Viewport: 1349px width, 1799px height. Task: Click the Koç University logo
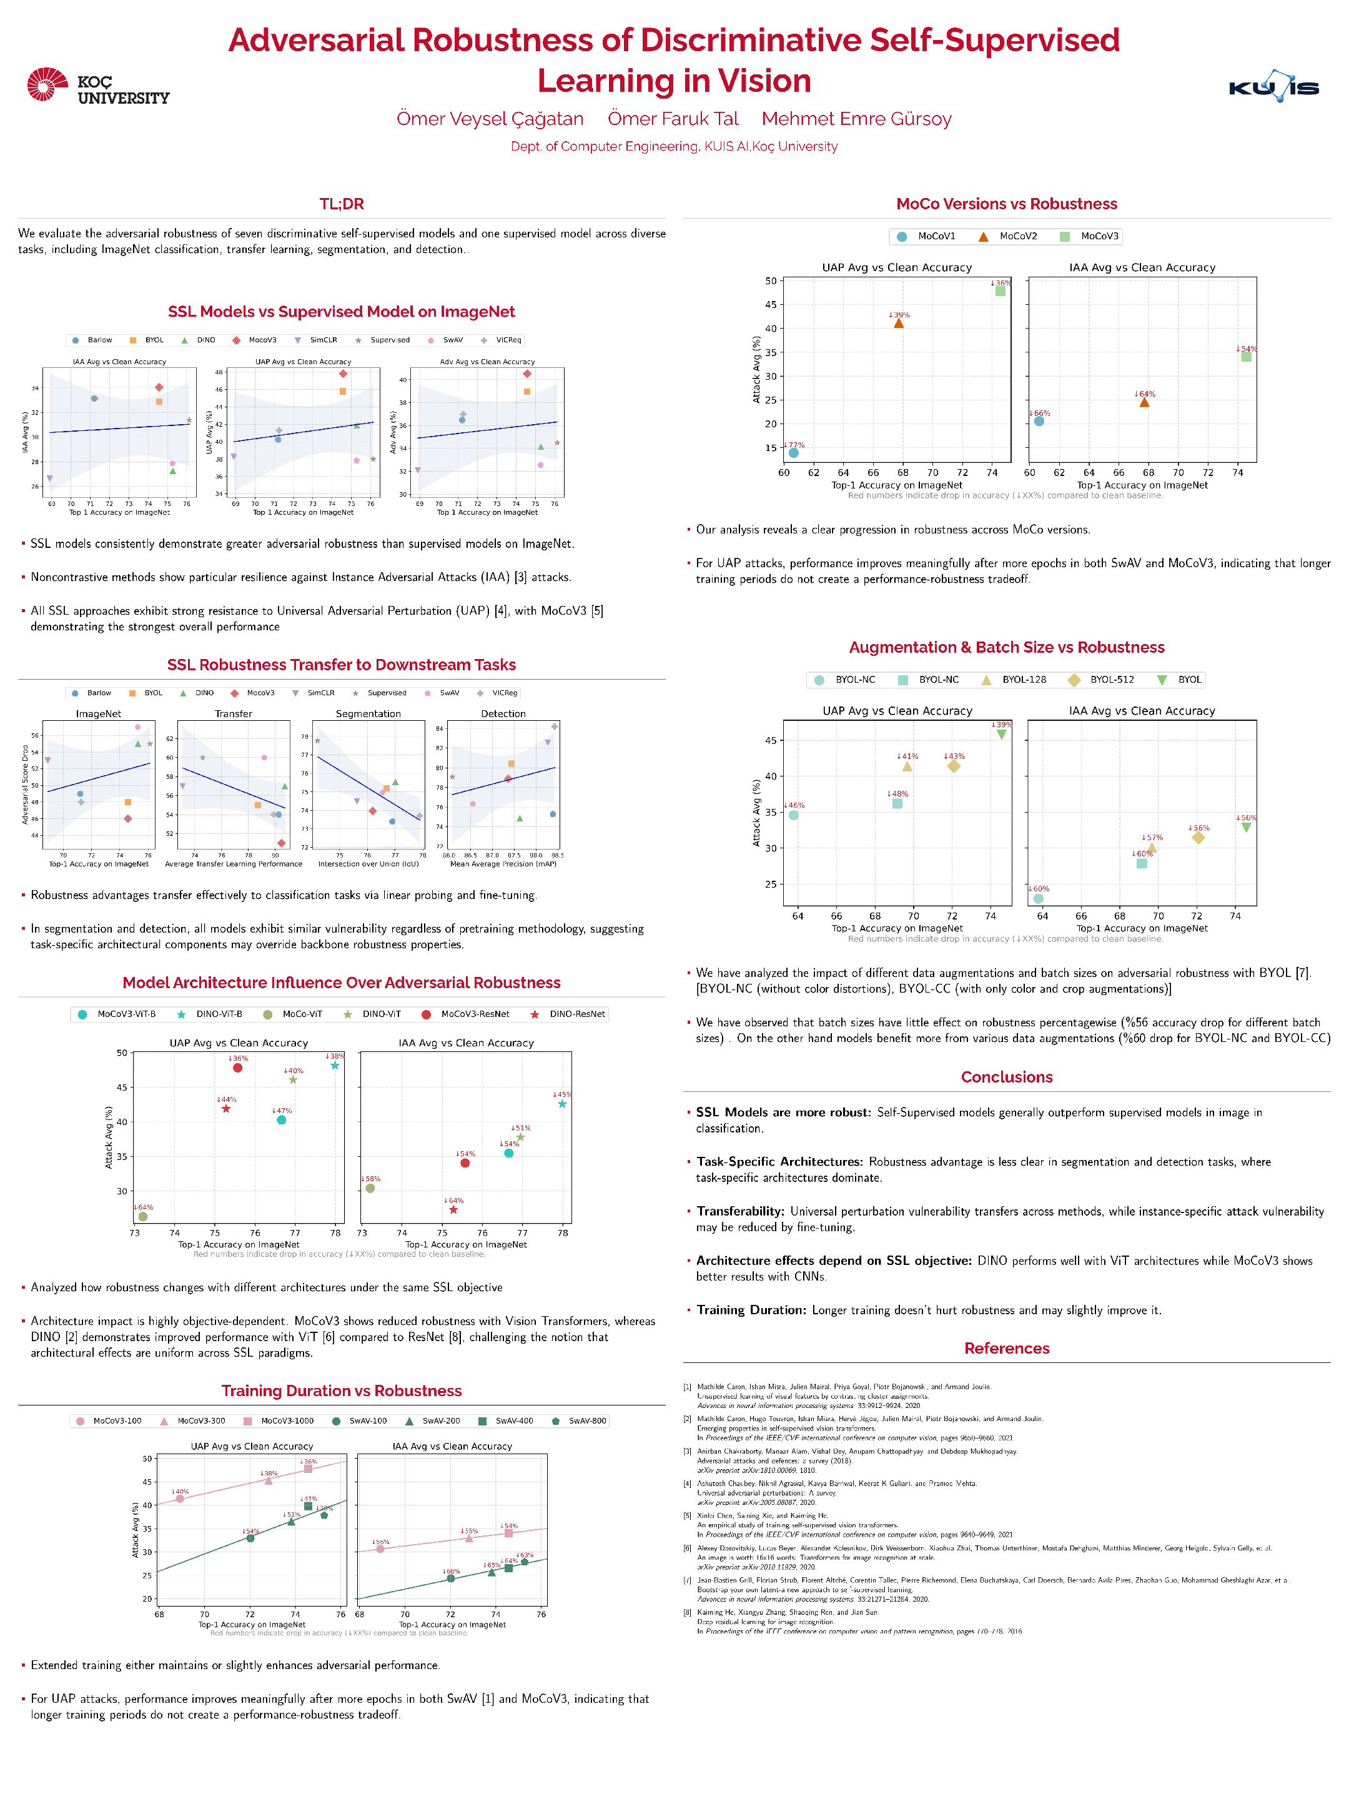point(97,86)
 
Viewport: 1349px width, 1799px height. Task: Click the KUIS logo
point(1273,86)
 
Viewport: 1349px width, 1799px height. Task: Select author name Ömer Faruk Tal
point(673,119)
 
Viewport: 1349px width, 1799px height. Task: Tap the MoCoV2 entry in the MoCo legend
point(1008,237)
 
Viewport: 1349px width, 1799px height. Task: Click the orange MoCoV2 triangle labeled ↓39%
point(899,324)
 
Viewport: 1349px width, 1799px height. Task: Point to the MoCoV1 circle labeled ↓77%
point(794,453)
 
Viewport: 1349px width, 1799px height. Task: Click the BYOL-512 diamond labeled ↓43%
point(954,766)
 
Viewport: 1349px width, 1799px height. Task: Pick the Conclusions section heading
point(1007,1077)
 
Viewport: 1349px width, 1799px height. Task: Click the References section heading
point(1007,1349)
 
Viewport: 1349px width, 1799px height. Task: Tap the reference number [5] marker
point(687,1516)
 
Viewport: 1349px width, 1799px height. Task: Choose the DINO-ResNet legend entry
point(568,1014)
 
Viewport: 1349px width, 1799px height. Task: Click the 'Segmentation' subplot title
point(368,714)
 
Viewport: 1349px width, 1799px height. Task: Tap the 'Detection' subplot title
point(503,714)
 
